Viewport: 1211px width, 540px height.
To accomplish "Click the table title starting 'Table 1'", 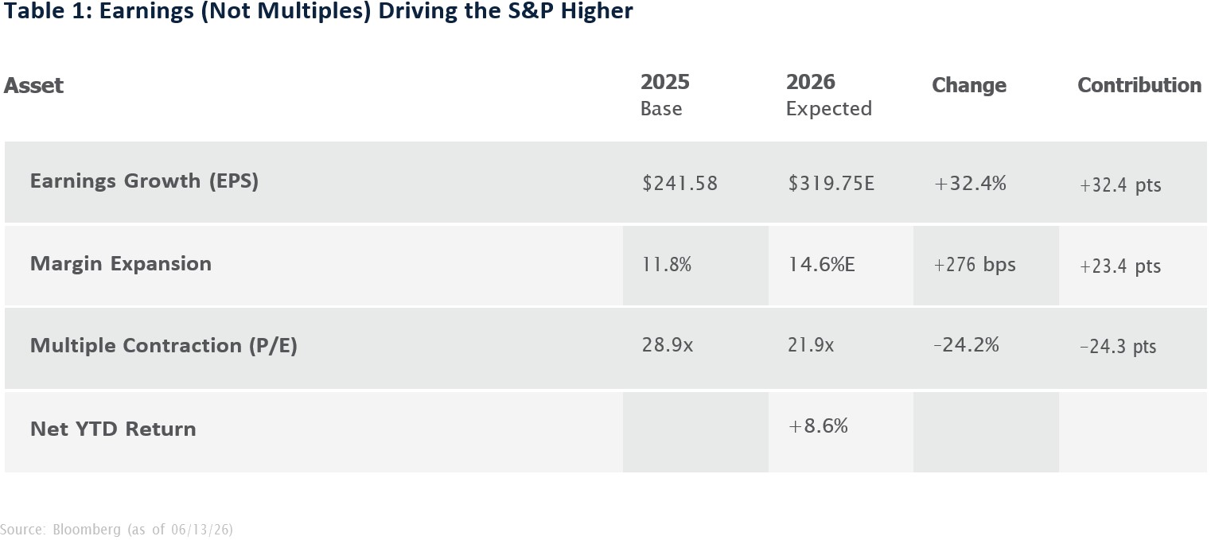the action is pos(318,11).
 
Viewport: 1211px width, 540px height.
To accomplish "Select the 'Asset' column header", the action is pos(33,85).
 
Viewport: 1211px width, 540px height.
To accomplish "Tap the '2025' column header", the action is pos(665,82).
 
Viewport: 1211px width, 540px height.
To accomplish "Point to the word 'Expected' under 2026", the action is pos(829,109).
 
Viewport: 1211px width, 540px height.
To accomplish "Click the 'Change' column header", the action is pos(969,85).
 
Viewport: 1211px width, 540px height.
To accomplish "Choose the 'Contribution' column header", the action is pos(1139,85).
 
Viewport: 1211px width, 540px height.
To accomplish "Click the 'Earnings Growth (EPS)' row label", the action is pos(144,181).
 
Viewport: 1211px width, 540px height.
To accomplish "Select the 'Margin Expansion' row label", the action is pos(121,264).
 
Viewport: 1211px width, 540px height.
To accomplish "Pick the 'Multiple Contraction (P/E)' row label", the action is pos(164,346).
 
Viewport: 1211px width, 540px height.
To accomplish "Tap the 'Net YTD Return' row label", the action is pos(113,429).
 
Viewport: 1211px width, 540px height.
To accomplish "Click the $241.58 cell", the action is pos(679,184).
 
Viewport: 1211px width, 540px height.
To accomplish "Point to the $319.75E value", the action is pos(831,184).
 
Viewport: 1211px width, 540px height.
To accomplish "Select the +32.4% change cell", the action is pos(970,184).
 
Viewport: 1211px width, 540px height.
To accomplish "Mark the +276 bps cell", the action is pos(975,265).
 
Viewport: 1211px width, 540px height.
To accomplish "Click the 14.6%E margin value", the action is pos(821,265).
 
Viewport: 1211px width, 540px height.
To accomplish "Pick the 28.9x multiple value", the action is pos(667,345).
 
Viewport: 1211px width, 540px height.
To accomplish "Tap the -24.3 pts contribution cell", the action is pos(1118,347).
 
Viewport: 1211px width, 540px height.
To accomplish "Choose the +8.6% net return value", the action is pos(818,426).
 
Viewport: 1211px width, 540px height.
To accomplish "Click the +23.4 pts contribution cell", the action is pos(1120,266).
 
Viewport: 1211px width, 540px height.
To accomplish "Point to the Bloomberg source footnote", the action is pos(117,530).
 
